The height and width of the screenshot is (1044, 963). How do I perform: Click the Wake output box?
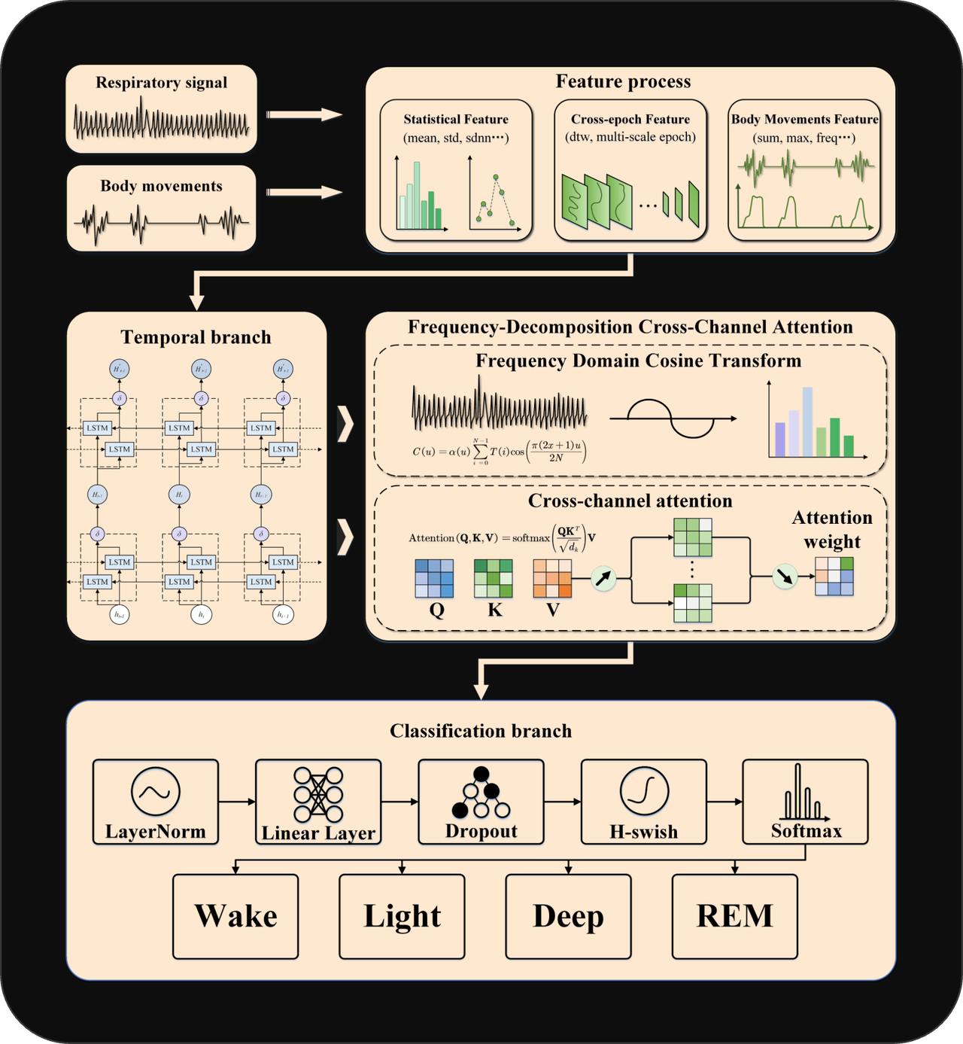235,916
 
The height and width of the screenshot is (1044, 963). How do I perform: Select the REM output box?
734,916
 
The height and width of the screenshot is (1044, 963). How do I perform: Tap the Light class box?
402,916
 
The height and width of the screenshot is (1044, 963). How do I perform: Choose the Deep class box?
568,916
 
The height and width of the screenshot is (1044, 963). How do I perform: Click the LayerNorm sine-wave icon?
156,792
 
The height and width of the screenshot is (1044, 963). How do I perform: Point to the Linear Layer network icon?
318,794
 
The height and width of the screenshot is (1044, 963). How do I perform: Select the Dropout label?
481,831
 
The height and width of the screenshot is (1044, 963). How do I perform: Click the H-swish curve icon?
645,791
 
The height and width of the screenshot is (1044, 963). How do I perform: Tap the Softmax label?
806,831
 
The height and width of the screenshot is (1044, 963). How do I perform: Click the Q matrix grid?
434,579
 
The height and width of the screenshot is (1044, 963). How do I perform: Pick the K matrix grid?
493,579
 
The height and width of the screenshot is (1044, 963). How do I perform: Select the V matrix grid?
551,579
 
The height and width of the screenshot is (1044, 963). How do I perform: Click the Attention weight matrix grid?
834,577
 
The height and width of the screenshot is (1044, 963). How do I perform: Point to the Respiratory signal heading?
161,83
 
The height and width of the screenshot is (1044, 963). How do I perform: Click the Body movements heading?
161,186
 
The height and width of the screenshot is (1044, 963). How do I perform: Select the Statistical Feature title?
456,119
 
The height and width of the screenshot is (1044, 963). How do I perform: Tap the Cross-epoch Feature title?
630,119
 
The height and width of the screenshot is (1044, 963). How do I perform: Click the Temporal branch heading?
196,337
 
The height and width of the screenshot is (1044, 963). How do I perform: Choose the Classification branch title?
481,731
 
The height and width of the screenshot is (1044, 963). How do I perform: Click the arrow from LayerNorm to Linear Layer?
237,802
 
